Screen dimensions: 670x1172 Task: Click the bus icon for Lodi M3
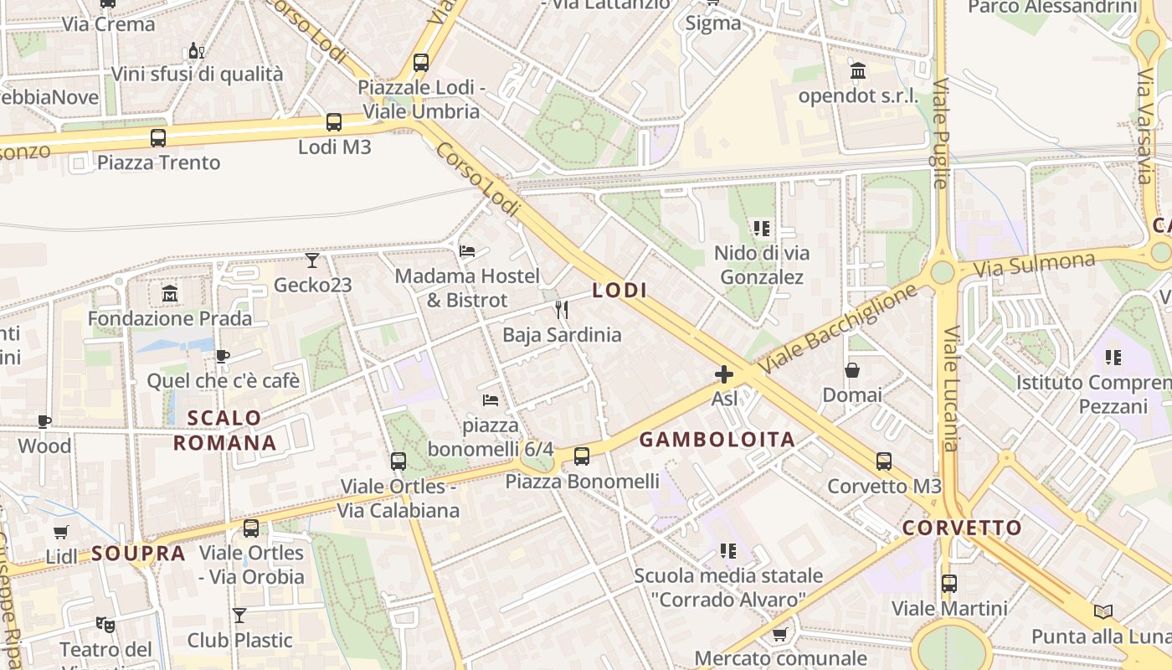[334, 122]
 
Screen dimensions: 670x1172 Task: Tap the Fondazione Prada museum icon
[170, 294]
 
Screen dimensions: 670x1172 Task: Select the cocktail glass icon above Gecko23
[312, 260]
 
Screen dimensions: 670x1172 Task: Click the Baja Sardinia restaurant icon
[562, 310]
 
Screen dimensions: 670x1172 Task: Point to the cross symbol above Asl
[724, 374]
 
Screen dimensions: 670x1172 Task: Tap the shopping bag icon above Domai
[852, 370]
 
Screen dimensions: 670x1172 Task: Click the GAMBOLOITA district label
[717, 440]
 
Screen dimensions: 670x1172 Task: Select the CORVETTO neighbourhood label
[962, 528]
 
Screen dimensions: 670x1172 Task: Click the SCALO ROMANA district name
[224, 430]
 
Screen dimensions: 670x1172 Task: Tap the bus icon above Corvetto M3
[884, 461]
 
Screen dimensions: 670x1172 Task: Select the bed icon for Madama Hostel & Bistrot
[467, 251]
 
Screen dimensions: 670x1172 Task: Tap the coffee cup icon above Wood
[44, 421]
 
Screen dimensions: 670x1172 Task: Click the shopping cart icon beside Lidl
[61, 532]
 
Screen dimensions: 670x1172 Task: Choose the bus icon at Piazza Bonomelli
[582, 456]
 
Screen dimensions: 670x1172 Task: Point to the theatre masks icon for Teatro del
[105, 624]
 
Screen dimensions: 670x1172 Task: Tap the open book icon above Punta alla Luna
[1103, 612]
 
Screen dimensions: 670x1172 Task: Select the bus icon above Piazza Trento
[158, 138]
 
